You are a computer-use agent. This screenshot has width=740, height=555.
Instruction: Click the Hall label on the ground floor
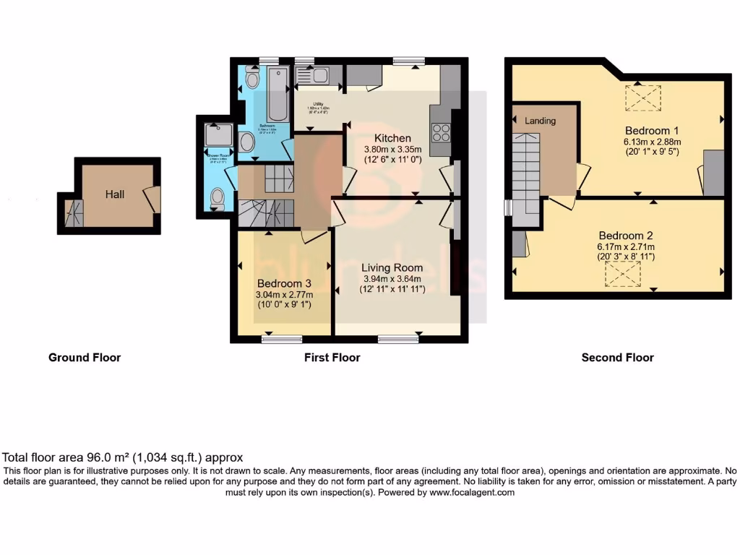click(115, 194)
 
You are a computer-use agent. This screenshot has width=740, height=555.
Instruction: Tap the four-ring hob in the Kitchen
click(441, 134)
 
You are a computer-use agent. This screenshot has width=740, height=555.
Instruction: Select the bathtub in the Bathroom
click(277, 95)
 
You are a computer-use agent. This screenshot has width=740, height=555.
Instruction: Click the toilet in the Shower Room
click(217, 199)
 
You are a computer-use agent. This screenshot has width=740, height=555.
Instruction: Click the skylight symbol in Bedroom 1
click(642, 98)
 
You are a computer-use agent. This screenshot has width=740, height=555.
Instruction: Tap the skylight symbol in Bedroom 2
click(623, 274)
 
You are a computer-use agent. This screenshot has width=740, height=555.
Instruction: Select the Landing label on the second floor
click(540, 121)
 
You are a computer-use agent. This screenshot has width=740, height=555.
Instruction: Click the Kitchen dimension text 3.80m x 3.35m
click(392, 151)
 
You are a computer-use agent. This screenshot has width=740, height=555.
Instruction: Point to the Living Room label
click(392, 267)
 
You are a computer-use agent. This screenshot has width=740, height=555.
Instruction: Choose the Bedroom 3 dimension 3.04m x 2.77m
click(284, 295)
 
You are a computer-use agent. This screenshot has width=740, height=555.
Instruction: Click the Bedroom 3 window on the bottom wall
click(282, 338)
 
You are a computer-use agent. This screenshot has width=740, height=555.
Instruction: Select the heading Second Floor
click(617, 358)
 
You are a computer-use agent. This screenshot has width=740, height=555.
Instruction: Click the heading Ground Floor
click(85, 358)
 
